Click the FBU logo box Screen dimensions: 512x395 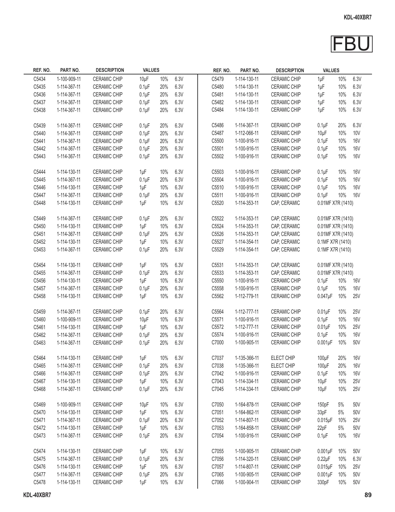(352, 44)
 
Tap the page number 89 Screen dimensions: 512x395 (368, 495)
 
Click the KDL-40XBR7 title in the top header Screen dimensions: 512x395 (357, 17)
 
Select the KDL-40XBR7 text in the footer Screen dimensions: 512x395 (37, 495)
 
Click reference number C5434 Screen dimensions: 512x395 (40, 79)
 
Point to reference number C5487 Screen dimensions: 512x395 (217, 133)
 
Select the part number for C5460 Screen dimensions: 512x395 (69, 319)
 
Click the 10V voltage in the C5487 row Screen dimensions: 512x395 (356, 133)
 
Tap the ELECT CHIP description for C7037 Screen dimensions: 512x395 (283, 358)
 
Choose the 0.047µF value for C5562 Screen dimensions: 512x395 (325, 296)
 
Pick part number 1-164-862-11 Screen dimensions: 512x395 (247, 412)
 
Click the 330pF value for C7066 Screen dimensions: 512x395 (323, 482)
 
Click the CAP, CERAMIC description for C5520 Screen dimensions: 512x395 (285, 203)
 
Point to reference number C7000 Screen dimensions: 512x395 (217, 342)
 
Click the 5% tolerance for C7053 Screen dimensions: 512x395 (341, 428)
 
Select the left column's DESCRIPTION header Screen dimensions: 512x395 (110, 70)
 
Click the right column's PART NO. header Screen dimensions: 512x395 (250, 71)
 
